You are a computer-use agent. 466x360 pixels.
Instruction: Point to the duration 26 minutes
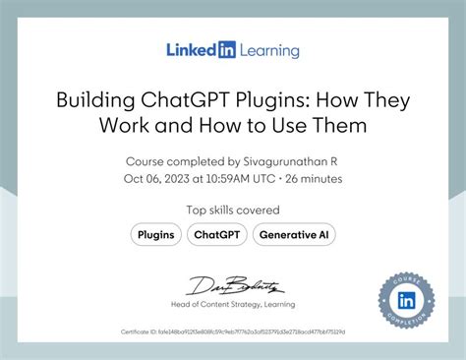[315, 179]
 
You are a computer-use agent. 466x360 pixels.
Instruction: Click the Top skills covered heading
[233, 210]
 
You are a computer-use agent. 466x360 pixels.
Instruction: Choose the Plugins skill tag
[156, 234]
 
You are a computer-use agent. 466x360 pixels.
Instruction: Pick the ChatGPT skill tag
[217, 234]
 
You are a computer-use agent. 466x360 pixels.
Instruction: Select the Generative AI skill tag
[294, 234]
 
